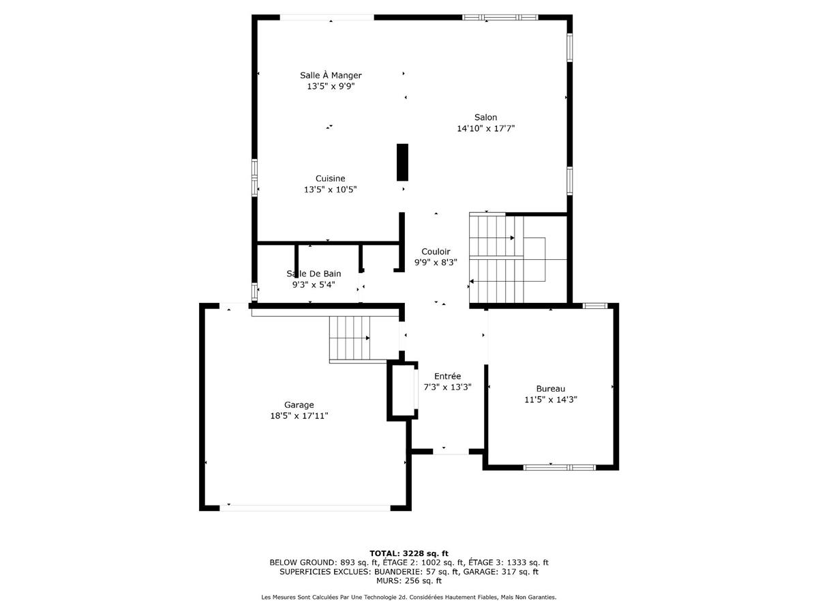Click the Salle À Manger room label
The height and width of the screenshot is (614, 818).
331,75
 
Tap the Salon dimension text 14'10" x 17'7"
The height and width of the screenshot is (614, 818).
485,128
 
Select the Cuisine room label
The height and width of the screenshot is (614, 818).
330,179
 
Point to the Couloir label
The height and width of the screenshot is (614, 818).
436,252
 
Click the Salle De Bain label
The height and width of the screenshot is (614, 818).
314,274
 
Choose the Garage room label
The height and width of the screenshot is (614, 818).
299,405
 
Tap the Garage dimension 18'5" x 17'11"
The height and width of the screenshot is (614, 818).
299,415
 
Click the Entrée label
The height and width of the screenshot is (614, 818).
447,376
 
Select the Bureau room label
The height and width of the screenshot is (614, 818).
550,389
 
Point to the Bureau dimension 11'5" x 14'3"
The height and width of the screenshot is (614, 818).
550,400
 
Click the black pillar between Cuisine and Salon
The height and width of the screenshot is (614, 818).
402,162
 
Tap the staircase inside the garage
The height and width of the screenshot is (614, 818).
350,338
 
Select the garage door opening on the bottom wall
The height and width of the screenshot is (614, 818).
305,508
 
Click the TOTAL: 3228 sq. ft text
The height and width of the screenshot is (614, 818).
409,553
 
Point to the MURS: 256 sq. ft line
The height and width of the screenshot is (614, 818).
409,581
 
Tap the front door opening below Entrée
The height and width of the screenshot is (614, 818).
451,451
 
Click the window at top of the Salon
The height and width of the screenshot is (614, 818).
500,17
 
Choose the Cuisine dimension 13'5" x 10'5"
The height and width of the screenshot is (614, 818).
330,190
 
